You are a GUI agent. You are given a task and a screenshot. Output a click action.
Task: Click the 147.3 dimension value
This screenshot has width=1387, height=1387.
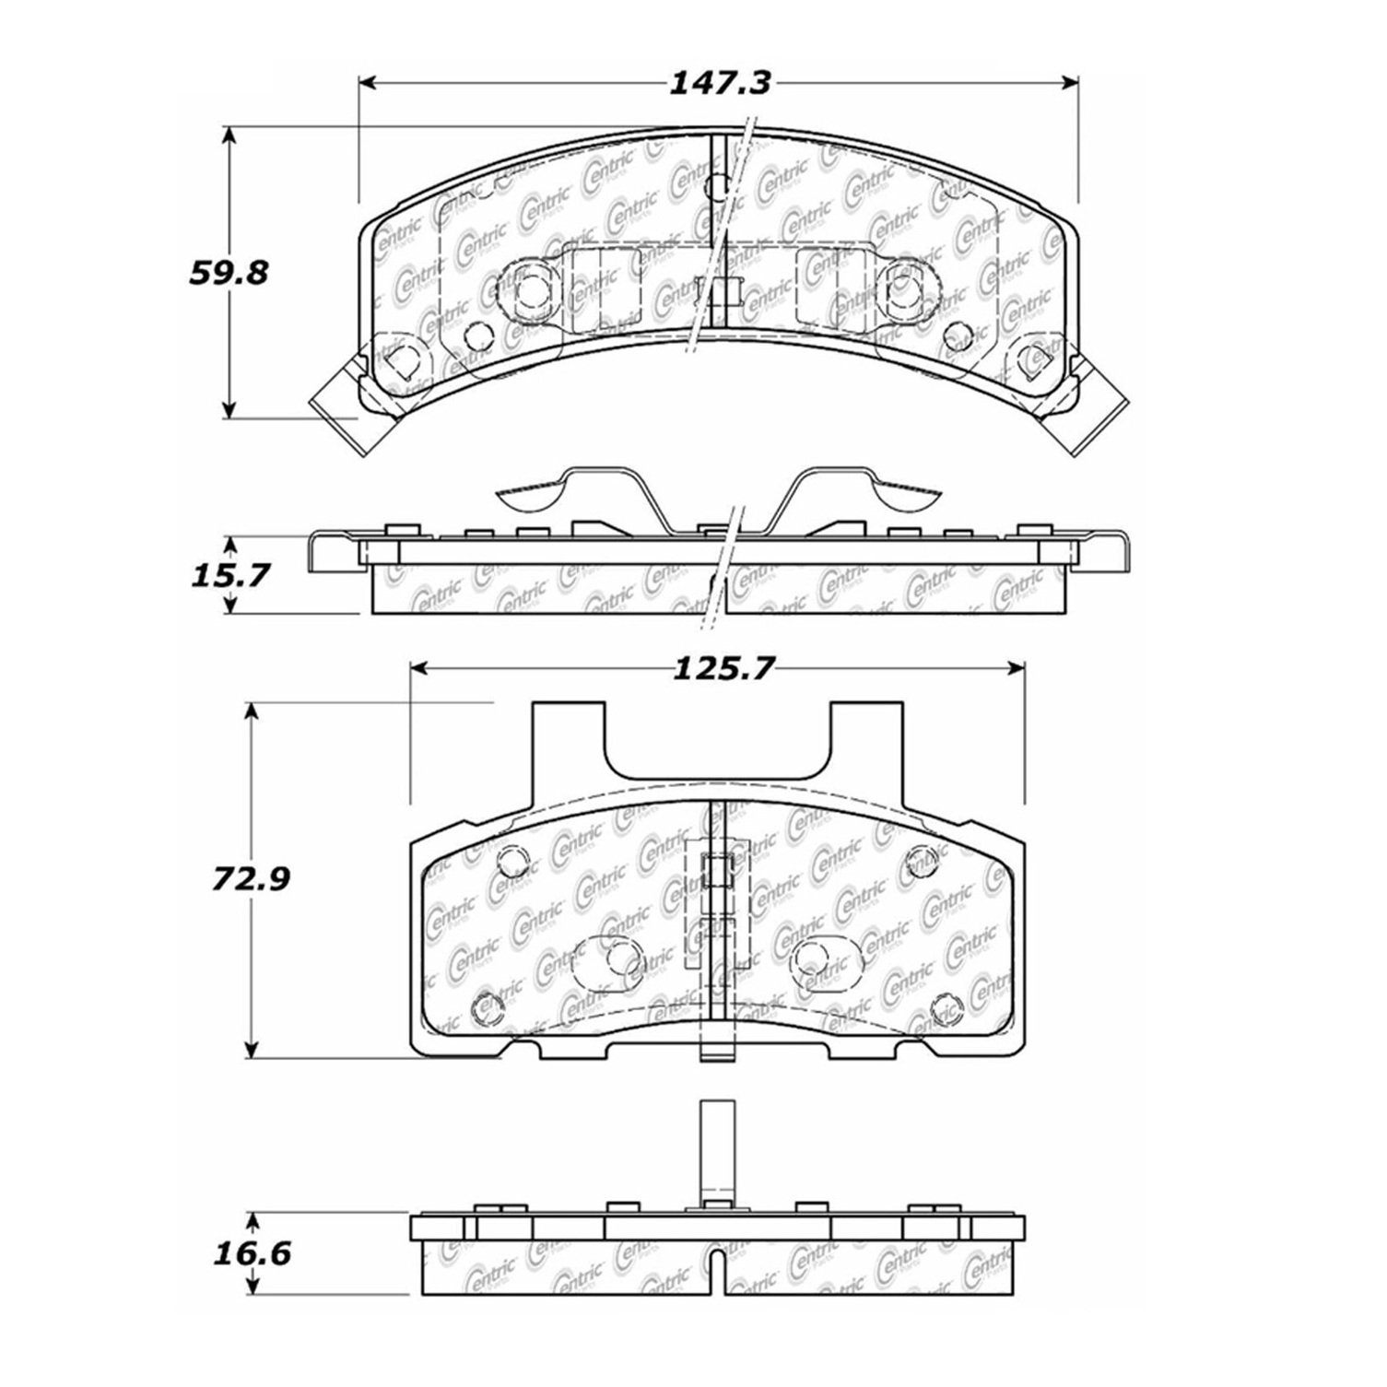718,84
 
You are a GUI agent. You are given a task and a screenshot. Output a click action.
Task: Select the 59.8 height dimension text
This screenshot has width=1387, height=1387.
226,273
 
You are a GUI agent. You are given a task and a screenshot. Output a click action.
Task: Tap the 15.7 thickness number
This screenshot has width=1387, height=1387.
226,577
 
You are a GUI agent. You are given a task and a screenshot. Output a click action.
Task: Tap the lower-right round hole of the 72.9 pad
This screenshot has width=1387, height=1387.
946,1005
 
